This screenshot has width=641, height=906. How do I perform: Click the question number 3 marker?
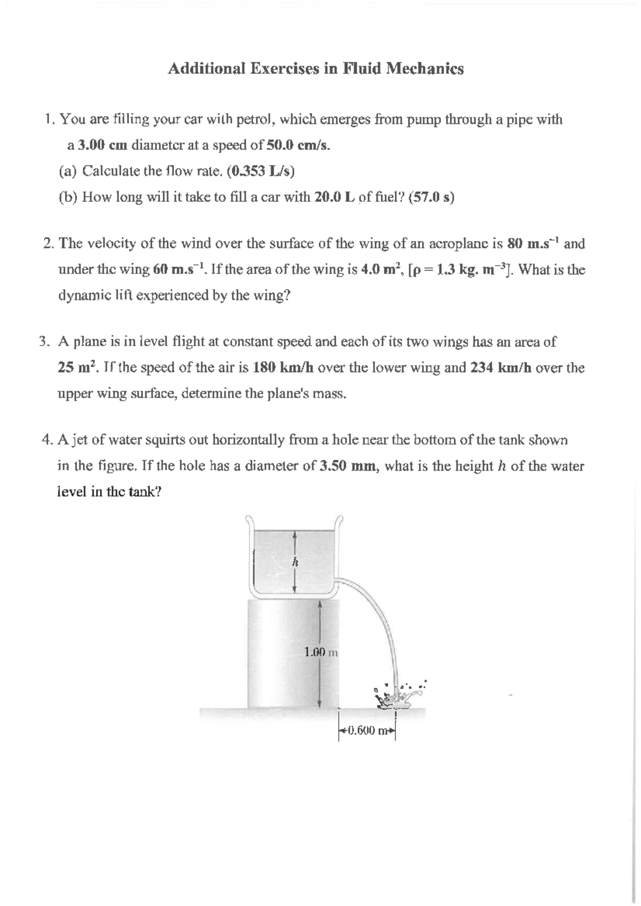pos(44,342)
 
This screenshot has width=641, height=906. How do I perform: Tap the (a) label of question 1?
pos(68,171)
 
